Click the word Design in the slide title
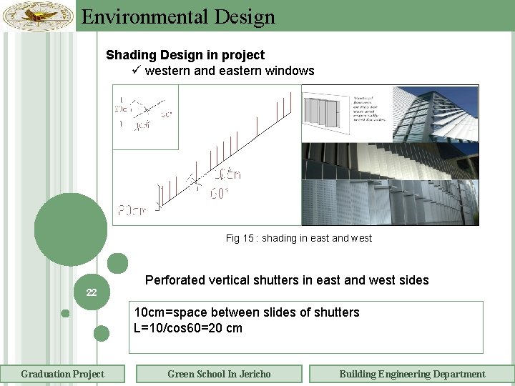[241, 16]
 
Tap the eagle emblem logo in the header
[38, 16]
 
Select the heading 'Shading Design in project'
[185, 55]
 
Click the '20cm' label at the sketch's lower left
[133, 210]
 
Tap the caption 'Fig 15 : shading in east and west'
[299, 238]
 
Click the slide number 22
[92, 292]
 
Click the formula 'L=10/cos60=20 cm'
[188, 328]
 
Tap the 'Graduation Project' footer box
[62, 374]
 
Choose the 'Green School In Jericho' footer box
[219, 374]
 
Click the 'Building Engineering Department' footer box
[412, 374]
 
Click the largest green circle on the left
[70, 230]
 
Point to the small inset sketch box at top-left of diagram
[145, 117]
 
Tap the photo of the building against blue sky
[436, 113]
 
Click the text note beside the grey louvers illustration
[370, 109]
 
